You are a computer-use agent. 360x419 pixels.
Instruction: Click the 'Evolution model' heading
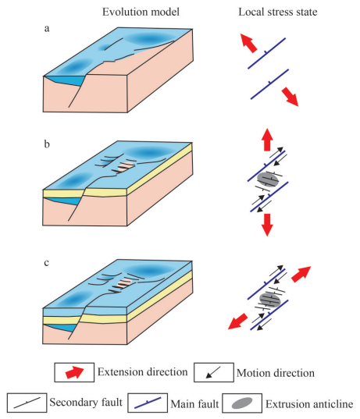pyautogui.click(x=141, y=12)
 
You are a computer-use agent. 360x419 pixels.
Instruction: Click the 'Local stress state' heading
pyautogui.click(x=278, y=12)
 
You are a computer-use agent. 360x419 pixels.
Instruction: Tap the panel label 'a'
pyautogui.click(x=47, y=29)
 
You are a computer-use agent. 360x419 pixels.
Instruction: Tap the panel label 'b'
pyautogui.click(x=47, y=144)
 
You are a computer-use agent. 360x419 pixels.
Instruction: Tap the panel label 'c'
pyautogui.click(x=47, y=263)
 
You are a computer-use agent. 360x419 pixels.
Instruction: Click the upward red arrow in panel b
pyautogui.click(x=267, y=140)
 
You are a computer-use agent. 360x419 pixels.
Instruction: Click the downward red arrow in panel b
pyautogui.click(x=267, y=225)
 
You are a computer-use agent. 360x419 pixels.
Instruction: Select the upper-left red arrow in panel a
pyautogui.click(x=248, y=43)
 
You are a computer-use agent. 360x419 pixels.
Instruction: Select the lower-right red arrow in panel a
pyautogui.click(x=290, y=97)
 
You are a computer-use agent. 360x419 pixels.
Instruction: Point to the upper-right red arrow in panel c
pyautogui.click(x=301, y=274)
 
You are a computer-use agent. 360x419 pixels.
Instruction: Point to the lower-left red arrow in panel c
pyautogui.click(x=237, y=321)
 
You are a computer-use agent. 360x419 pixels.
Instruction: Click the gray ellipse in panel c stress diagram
pyautogui.click(x=270, y=300)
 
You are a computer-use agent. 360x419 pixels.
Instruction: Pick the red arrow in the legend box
pyautogui.click(x=75, y=372)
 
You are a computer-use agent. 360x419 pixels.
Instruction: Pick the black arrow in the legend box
pyautogui.click(x=213, y=372)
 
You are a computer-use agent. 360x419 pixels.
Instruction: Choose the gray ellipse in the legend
pyautogui.click(x=242, y=403)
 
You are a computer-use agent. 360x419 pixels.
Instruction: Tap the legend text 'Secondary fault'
pyautogui.click(x=86, y=402)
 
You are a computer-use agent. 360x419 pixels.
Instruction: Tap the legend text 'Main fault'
pyautogui.click(x=194, y=403)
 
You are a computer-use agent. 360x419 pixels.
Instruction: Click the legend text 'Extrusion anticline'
pyautogui.click(x=309, y=403)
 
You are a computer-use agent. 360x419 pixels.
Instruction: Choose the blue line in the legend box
pyautogui.click(x=148, y=403)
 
